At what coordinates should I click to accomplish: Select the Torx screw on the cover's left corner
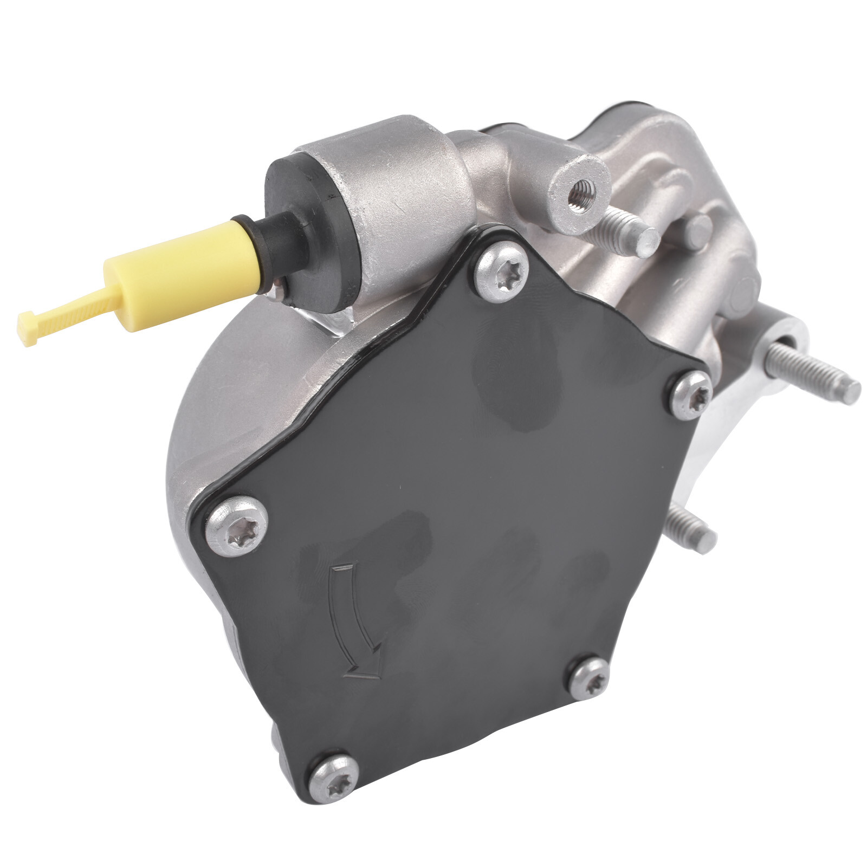pos(238,525)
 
